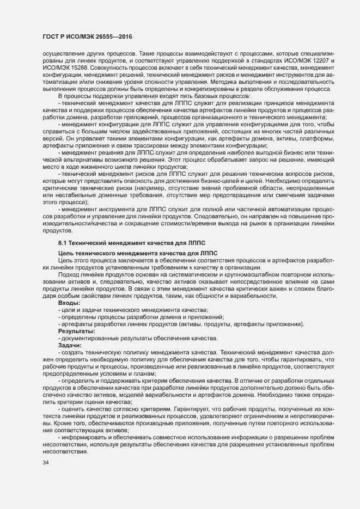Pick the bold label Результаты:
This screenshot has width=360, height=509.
[77, 332]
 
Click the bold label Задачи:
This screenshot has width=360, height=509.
[70, 345]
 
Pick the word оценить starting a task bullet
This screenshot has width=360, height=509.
[74, 408]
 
